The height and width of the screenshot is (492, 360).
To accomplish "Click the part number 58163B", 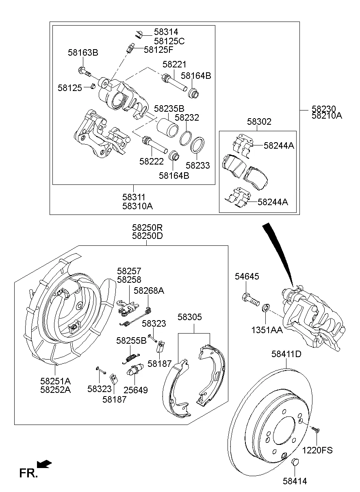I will (83, 53).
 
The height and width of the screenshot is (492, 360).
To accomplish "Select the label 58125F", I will (158, 50).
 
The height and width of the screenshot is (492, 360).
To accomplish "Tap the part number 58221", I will (174, 64).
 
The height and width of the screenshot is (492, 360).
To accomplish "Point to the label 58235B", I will (169, 108).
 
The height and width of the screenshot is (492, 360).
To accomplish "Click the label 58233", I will (198, 165).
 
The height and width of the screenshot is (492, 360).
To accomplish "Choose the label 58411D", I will (286, 354).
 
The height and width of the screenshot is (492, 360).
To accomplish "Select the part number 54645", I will (247, 277).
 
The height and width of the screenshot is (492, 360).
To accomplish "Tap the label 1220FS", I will (317, 450).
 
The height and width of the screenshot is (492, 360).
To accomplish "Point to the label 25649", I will (136, 390).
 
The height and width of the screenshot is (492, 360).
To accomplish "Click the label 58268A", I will (149, 290).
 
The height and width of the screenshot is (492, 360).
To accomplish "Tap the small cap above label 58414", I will (296, 462).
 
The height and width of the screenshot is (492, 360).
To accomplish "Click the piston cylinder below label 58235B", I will (167, 126).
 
